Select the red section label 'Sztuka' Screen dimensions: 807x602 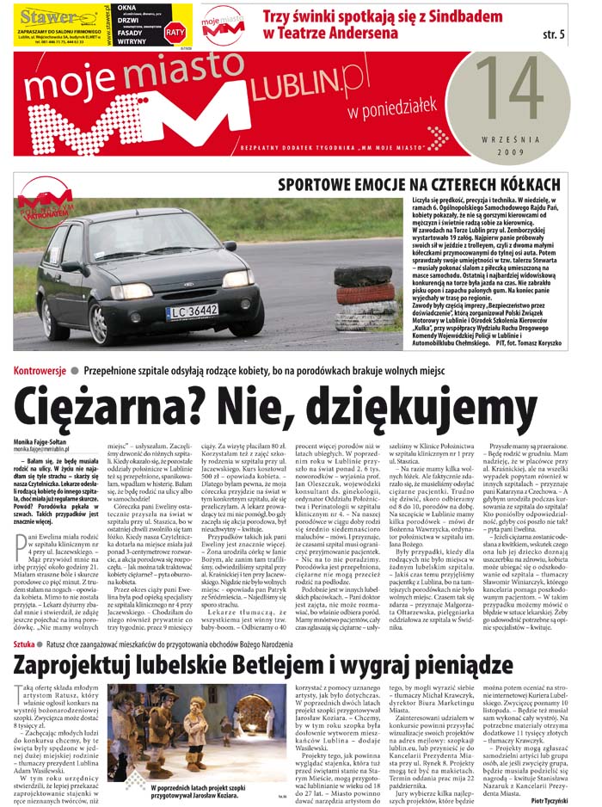[x=26, y=643]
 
